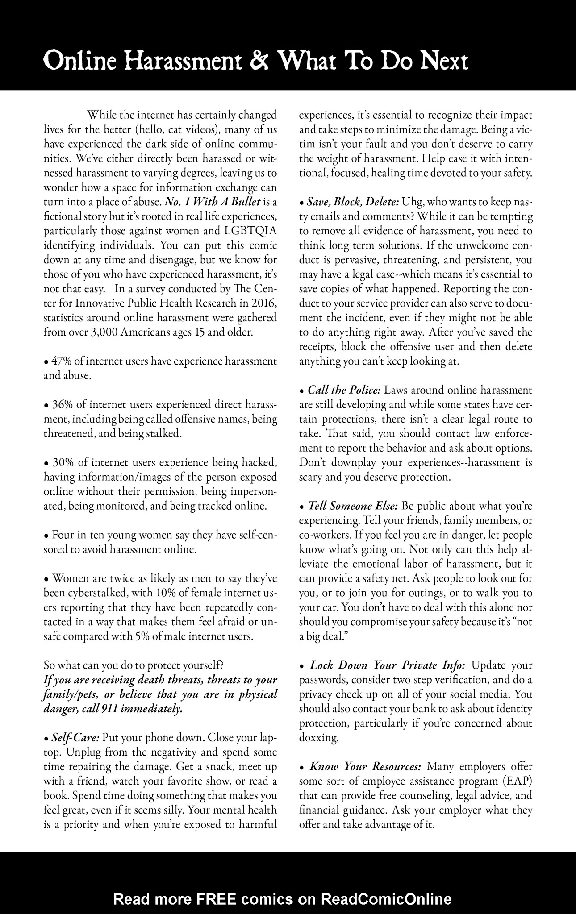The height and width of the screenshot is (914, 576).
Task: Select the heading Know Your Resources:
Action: coord(365,767)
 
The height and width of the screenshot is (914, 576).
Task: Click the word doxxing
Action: coord(318,738)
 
